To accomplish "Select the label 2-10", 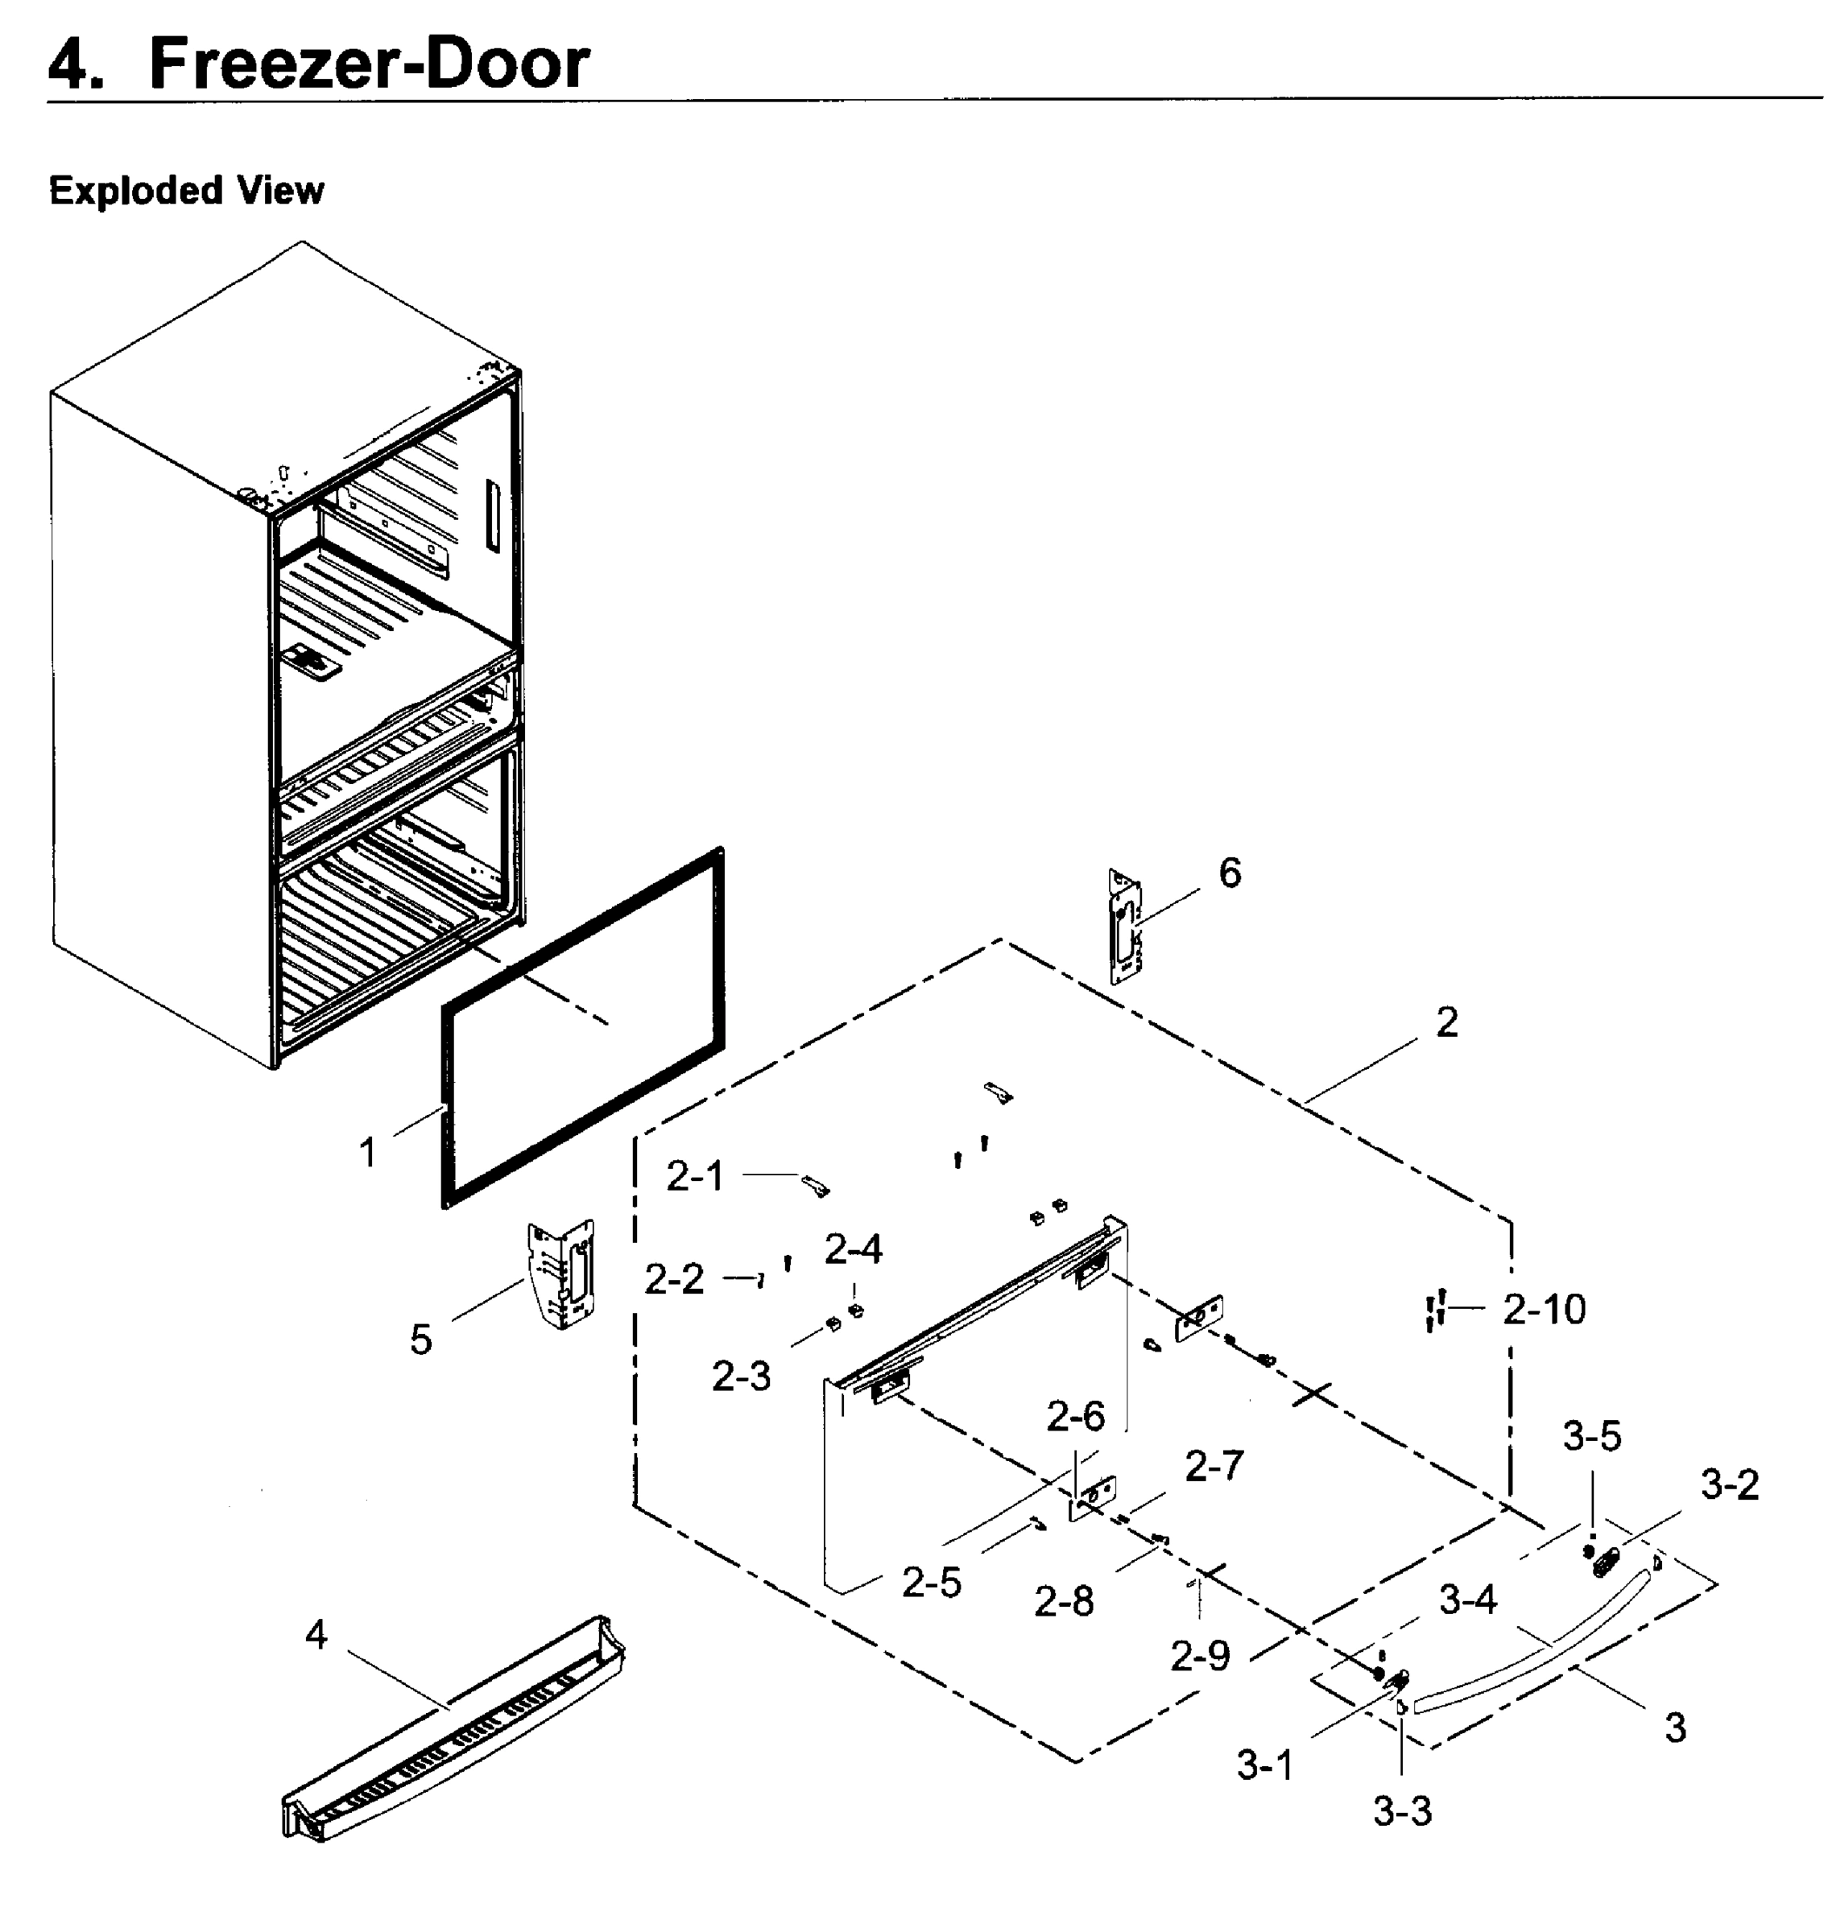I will tap(1544, 1310).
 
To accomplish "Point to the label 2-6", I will tap(1076, 1417).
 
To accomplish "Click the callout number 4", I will tap(316, 1635).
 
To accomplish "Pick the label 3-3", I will tap(1402, 1811).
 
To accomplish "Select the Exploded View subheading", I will tap(186, 190).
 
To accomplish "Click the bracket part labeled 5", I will tap(562, 1275).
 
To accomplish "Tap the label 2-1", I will tap(695, 1177).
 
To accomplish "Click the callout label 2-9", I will tap(1200, 1655).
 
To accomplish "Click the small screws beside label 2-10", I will tap(1434, 1310).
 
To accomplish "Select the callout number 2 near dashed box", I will tap(1446, 1022).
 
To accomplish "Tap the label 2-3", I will tap(741, 1377).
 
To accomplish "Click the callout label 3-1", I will tap(1265, 1765).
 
